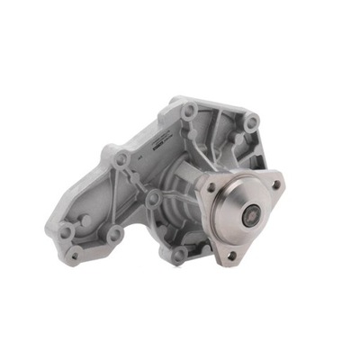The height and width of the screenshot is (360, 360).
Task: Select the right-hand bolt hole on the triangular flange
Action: pyautogui.click(x=275, y=185)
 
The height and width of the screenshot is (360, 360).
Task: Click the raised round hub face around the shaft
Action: pyautogui.click(x=246, y=214)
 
